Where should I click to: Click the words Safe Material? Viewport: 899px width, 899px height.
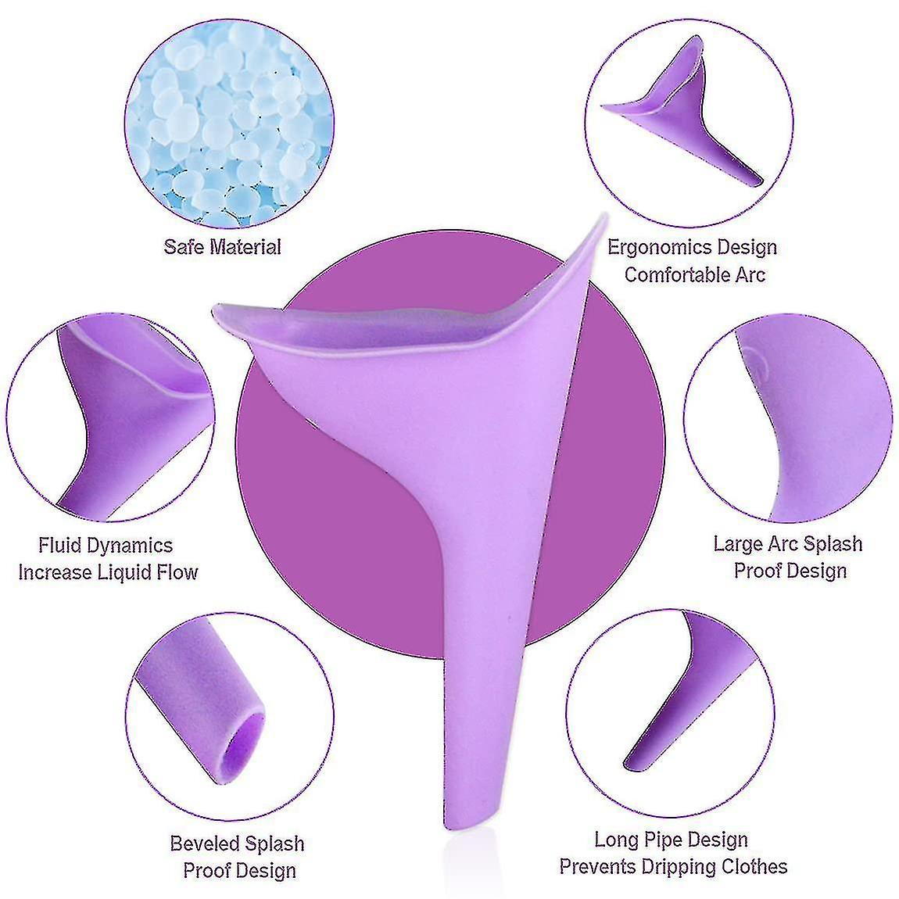click(x=223, y=247)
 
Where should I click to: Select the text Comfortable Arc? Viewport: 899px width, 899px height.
click(x=695, y=274)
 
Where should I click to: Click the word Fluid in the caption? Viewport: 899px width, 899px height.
click(x=59, y=545)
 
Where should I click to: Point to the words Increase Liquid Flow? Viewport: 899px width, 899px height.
click(x=109, y=572)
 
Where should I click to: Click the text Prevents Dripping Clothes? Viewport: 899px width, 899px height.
click(x=673, y=866)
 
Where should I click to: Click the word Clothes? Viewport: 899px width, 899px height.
click(x=754, y=866)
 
